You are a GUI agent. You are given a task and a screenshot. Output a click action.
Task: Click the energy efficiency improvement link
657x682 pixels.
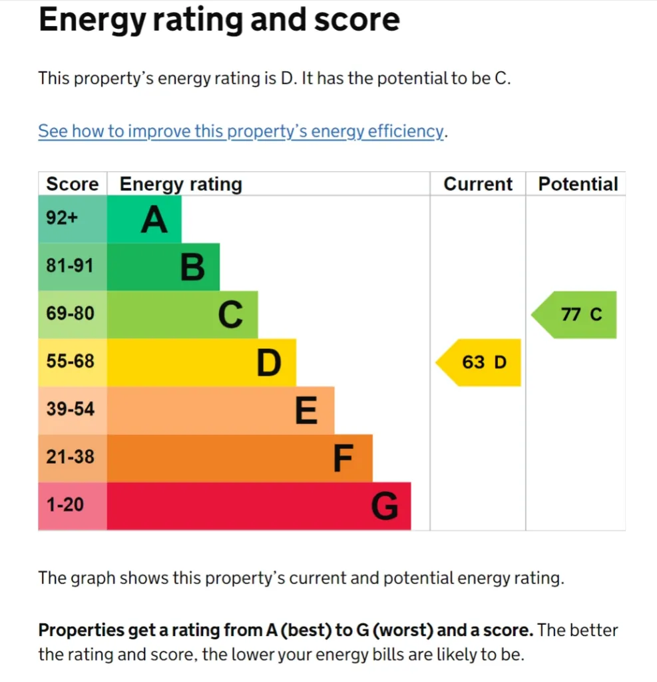point(240,131)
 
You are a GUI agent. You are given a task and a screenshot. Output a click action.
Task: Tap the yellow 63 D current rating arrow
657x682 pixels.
point(479,362)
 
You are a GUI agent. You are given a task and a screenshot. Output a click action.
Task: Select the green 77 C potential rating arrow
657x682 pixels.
point(576,314)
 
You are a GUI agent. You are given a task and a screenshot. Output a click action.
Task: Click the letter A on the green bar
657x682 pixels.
point(154,220)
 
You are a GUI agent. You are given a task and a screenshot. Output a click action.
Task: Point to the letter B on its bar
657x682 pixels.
point(192,268)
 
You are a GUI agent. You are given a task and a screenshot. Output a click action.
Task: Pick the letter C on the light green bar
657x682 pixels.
point(230,315)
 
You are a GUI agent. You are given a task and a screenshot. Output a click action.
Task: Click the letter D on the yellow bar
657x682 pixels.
point(269,363)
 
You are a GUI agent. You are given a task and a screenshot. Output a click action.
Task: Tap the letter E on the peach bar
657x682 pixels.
point(306,411)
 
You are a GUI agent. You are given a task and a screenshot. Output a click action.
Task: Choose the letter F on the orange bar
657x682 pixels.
point(343,459)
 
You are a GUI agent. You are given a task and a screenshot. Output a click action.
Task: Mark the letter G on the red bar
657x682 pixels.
point(384,507)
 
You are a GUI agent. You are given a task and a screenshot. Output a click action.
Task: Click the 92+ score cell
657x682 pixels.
point(63,218)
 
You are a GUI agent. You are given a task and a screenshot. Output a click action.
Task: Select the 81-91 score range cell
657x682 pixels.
point(71,266)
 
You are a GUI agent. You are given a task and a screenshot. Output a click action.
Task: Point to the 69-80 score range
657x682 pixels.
point(71,313)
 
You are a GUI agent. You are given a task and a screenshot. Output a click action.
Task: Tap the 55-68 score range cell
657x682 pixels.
point(71,361)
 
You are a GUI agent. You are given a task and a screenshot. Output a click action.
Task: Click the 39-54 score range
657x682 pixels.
point(71,409)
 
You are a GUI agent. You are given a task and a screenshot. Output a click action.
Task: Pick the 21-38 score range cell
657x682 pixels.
point(71,457)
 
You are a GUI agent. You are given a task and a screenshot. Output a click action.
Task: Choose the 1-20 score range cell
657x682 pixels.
point(65,505)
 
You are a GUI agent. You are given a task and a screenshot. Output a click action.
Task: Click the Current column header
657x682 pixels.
point(478,184)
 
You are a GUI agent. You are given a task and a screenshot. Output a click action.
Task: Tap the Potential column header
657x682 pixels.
point(578,184)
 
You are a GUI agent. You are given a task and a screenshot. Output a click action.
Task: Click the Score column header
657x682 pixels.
point(72,184)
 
